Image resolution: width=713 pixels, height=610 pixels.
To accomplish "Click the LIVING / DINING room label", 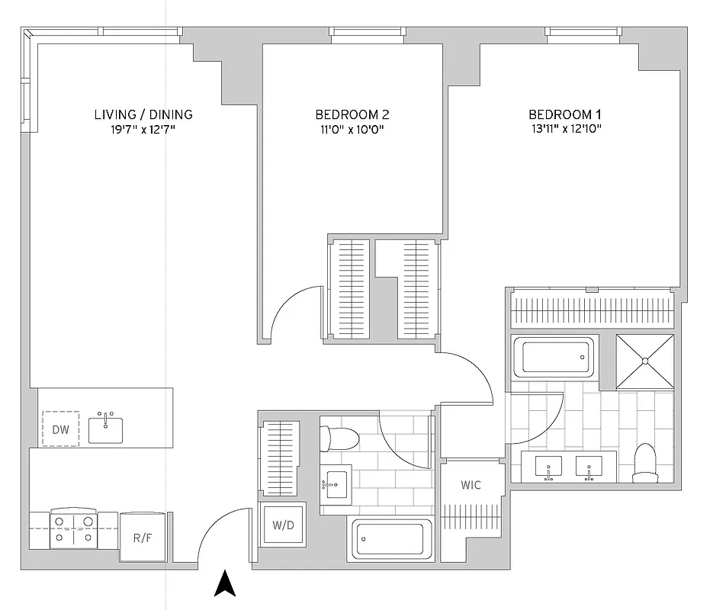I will [143, 114].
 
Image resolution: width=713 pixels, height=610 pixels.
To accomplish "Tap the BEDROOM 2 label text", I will [352, 114].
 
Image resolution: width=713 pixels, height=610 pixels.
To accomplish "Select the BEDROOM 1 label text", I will [565, 114].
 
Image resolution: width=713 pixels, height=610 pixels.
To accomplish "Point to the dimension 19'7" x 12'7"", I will [143, 130].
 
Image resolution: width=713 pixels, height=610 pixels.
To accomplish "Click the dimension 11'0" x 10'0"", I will [352, 130].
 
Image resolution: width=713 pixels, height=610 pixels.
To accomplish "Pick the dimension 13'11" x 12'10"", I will [565, 130].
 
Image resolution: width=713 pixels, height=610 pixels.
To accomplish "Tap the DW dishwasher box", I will [60, 430].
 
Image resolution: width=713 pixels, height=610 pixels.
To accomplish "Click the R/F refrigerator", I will [142, 538].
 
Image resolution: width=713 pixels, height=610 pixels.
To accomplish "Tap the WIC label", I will [471, 486].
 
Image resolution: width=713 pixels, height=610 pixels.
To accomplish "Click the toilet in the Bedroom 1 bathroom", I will [646, 465].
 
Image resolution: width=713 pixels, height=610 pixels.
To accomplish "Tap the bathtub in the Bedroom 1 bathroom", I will [554, 357].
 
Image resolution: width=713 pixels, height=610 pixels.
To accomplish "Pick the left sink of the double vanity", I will [549, 466].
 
